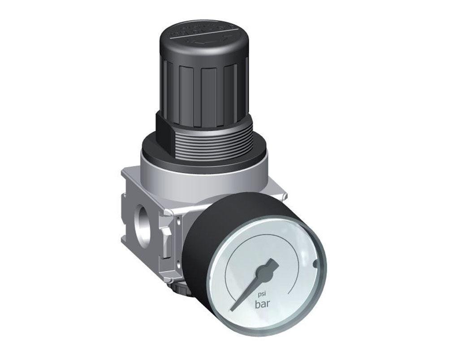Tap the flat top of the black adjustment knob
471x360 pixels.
(204, 38)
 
